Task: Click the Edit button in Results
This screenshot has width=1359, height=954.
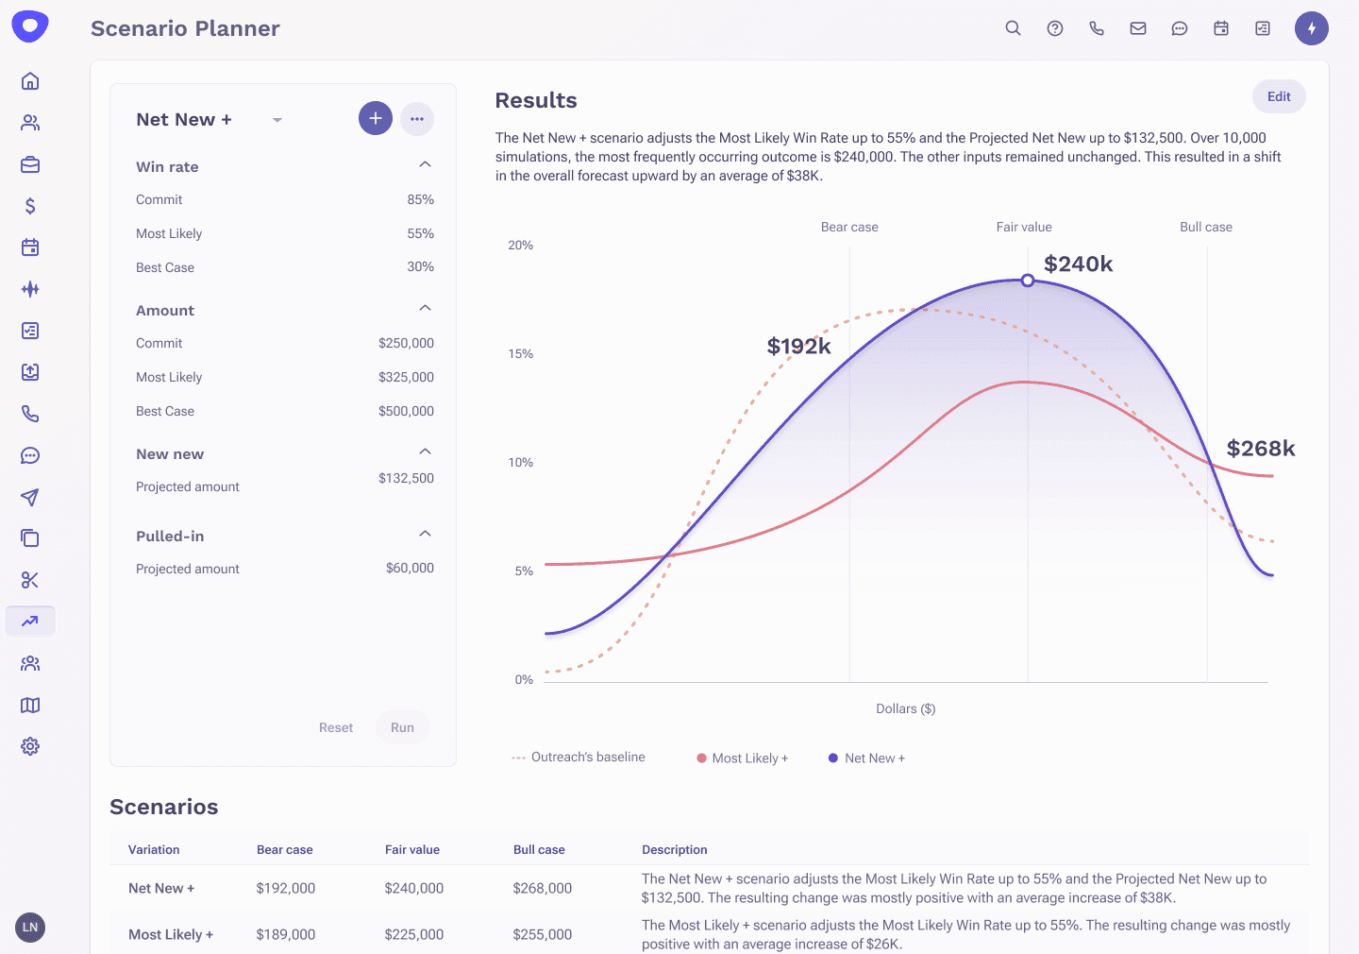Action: [1279, 96]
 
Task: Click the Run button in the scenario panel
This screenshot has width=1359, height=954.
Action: [402, 727]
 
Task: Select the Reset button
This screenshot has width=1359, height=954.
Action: [336, 727]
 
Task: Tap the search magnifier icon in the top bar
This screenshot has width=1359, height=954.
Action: [1013, 28]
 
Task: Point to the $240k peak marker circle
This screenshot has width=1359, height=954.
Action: [1028, 281]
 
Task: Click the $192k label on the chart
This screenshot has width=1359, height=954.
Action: [798, 347]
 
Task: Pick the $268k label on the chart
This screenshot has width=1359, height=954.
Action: [1260, 449]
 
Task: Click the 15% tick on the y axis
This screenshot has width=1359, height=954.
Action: [521, 354]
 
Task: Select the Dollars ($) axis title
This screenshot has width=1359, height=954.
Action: [905, 708]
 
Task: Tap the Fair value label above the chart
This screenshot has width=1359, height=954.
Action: [1024, 228]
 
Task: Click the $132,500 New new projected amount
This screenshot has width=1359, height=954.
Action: [406, 478]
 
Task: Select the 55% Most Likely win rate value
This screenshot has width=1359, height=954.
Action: [420, 233]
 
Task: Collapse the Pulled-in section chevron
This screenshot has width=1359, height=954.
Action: [426, 535]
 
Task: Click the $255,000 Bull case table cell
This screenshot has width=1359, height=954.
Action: [543, 934]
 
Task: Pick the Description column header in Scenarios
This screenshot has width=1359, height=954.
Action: [675, 850]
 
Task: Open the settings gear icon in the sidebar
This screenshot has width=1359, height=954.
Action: [30, 746]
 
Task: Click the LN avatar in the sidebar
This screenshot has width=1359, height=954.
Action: [30, 928]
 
